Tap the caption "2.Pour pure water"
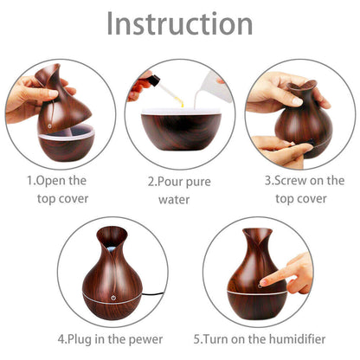(x=179, y=190)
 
